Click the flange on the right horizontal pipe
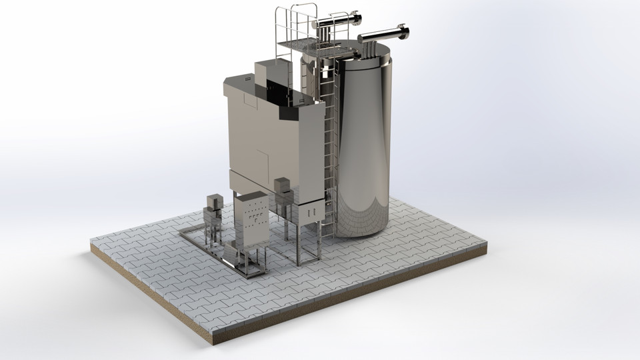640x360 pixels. coord(404,32)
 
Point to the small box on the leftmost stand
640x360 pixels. coord(215,202)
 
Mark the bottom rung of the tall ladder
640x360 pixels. coord(325,233)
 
